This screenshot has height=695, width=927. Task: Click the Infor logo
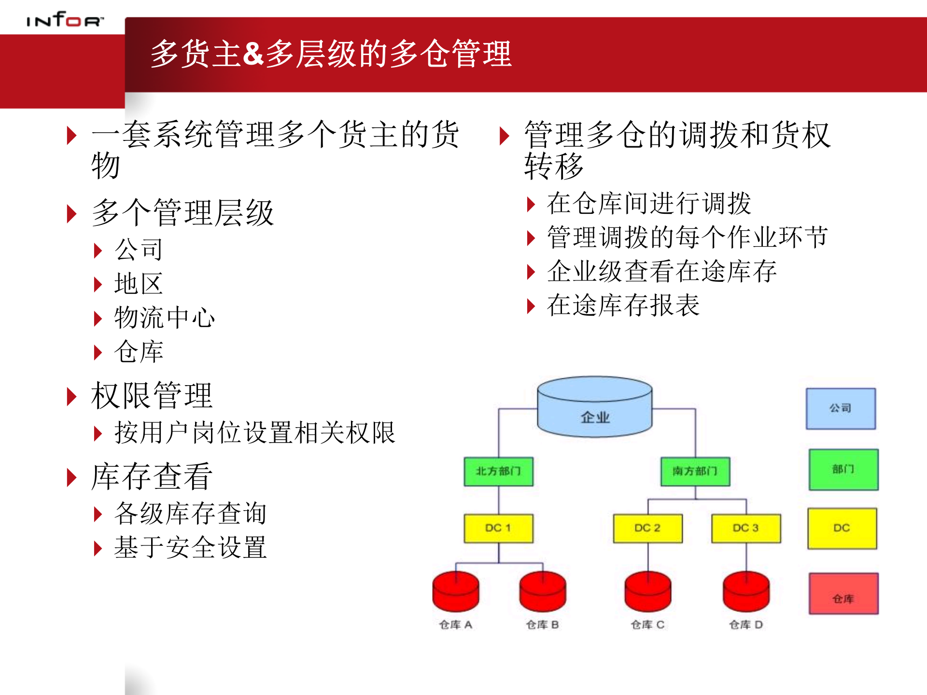65,20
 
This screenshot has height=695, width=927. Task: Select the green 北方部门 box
499,471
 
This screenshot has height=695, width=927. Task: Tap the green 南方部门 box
695,471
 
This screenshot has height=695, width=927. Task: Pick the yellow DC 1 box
499,528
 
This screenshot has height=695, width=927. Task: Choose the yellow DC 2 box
647,528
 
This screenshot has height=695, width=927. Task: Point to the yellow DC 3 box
746,528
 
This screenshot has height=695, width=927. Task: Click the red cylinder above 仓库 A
456,592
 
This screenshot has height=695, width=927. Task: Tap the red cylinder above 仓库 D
746,592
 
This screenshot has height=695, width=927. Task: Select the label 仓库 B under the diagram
542,625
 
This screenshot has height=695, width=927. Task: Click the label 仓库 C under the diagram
647,625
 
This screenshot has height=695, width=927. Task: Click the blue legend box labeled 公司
841,409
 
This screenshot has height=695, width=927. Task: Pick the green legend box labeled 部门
843,470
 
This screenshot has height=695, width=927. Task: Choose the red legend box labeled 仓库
843,594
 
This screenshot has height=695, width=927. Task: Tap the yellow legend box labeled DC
842,528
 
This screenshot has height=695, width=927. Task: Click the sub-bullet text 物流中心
165,318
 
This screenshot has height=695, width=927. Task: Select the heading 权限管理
152,396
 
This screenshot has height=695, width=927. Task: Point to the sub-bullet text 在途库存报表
623,306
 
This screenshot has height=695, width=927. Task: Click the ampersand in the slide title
253,53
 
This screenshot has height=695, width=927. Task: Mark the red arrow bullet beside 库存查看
71,477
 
